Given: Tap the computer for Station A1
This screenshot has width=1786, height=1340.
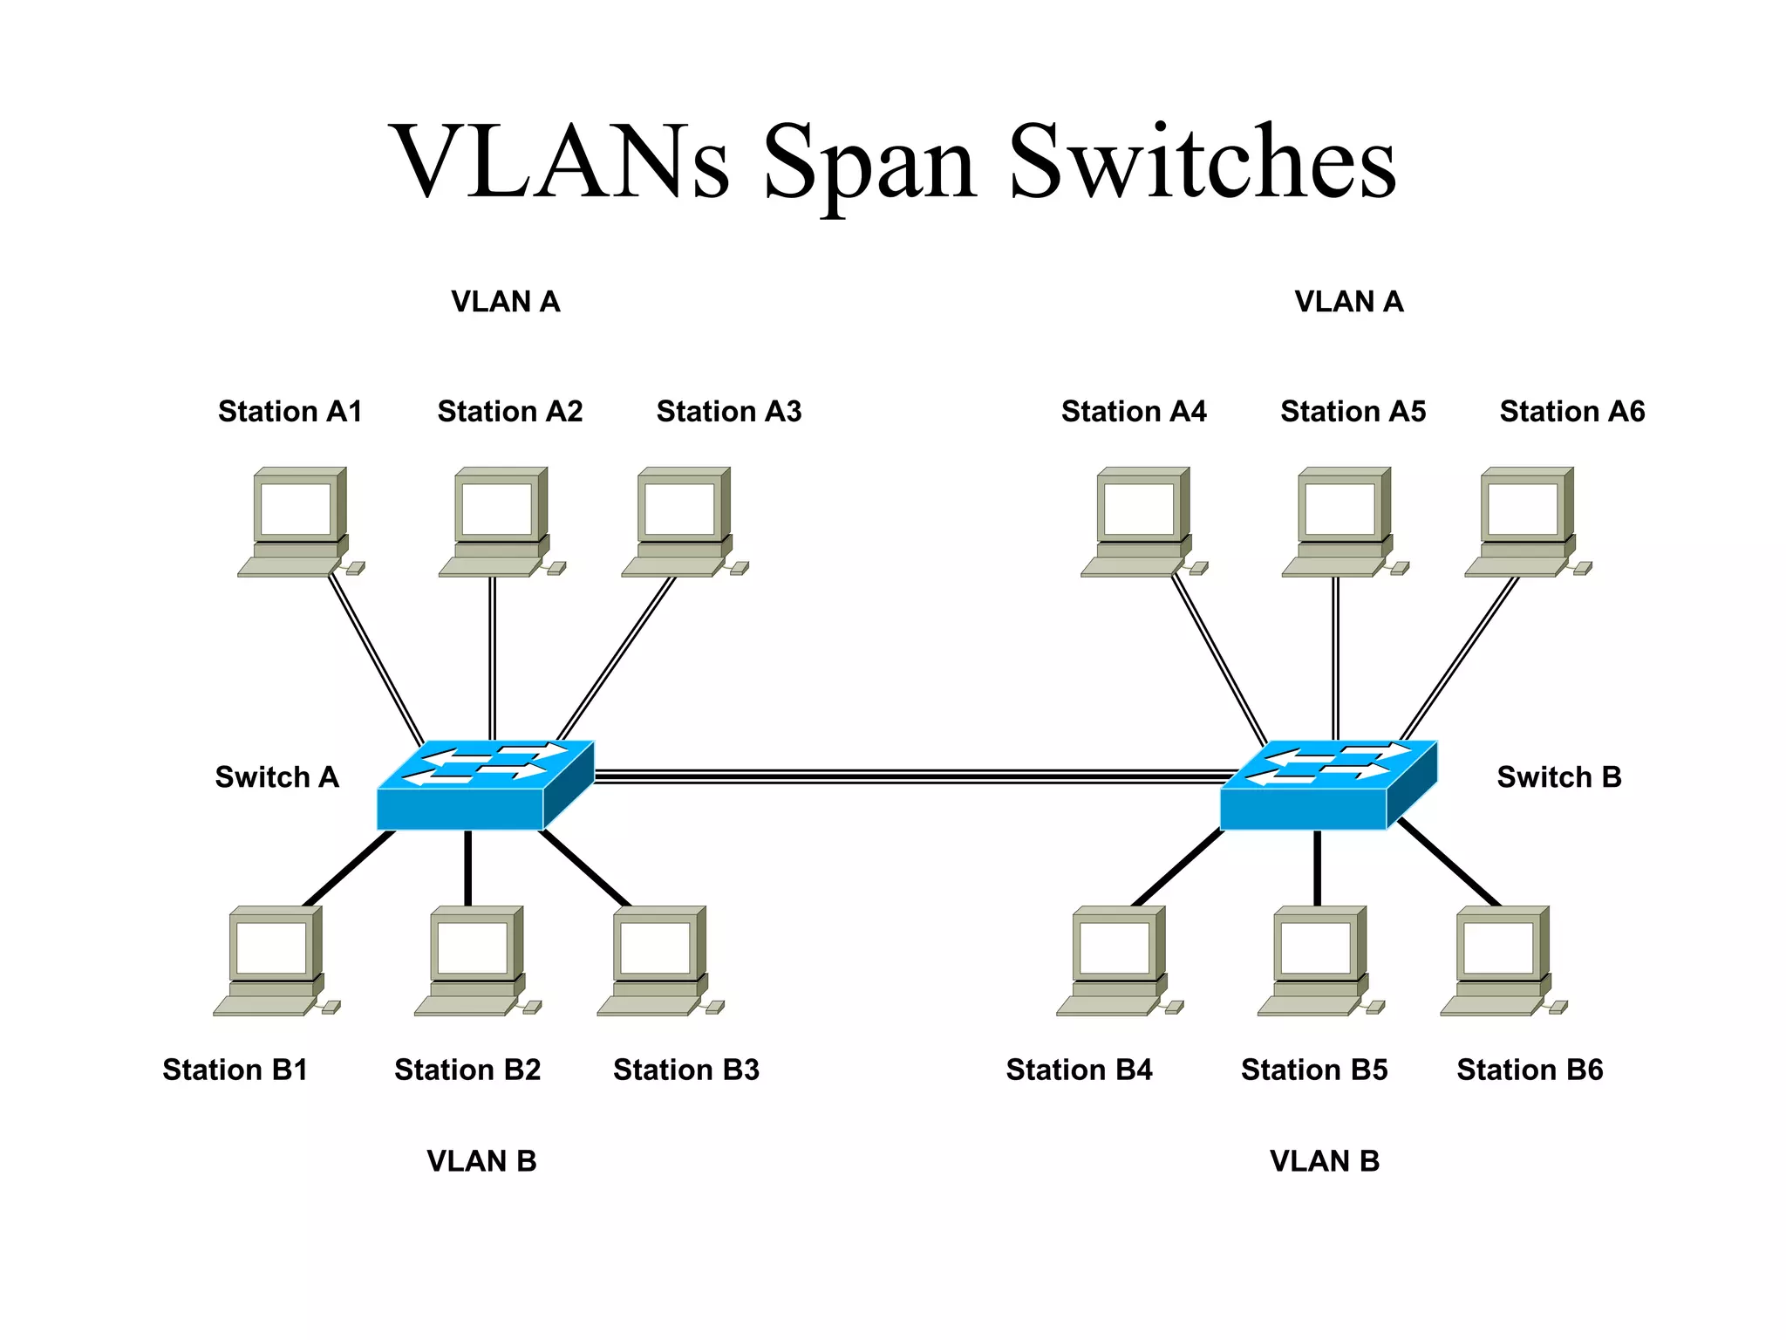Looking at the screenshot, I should coord(297,521).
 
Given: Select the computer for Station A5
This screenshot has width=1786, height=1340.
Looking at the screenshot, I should coord(1340,521).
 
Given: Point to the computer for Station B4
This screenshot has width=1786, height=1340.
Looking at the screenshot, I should coord(1115,960).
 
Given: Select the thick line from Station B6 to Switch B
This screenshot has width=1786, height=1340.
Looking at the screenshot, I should coord(1449,863).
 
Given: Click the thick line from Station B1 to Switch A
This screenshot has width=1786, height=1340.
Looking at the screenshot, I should coord(349,868).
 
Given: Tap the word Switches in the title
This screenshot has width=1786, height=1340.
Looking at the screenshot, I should coord(1203,163).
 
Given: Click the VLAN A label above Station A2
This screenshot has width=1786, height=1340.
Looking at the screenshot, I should coord(506,302).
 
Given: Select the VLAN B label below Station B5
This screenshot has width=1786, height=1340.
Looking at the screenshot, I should coord(1325,1161).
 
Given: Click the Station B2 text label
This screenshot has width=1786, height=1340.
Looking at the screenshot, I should coord(467,1070).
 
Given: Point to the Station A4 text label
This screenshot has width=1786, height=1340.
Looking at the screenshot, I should coord(1134,411).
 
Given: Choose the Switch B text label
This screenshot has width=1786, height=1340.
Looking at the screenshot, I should coord(1559,776).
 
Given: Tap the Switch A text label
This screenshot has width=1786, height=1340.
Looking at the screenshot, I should coord(276,776).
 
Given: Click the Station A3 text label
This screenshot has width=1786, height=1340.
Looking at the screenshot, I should coord(729,411).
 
